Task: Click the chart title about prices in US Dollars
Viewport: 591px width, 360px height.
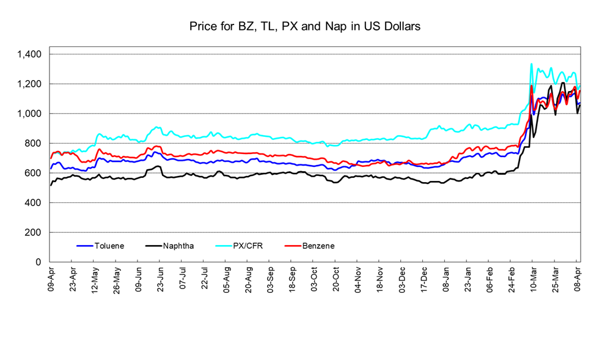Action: (304, 27)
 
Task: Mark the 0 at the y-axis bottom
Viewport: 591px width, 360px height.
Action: (39, 262)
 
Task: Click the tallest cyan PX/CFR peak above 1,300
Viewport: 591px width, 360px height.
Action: (531, 64)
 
